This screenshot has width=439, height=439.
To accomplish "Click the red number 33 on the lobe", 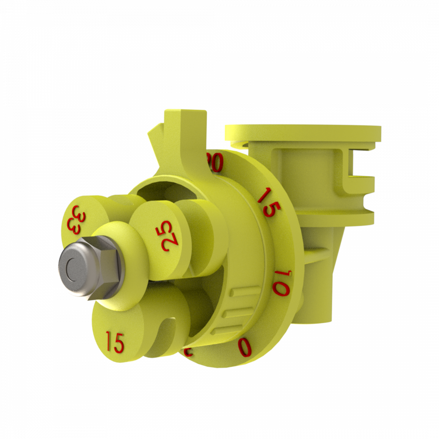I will (x=74, y=219).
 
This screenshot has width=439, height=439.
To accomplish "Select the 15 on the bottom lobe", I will (x=115, y=343).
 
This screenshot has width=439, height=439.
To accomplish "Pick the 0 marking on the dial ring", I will (x=245, y=347).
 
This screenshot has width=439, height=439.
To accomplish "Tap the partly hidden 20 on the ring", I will (x=215, y=162).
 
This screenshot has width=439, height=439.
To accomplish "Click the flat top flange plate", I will (x=302, y=133).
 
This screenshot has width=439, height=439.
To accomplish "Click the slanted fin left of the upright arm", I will (x=155, y=139).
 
